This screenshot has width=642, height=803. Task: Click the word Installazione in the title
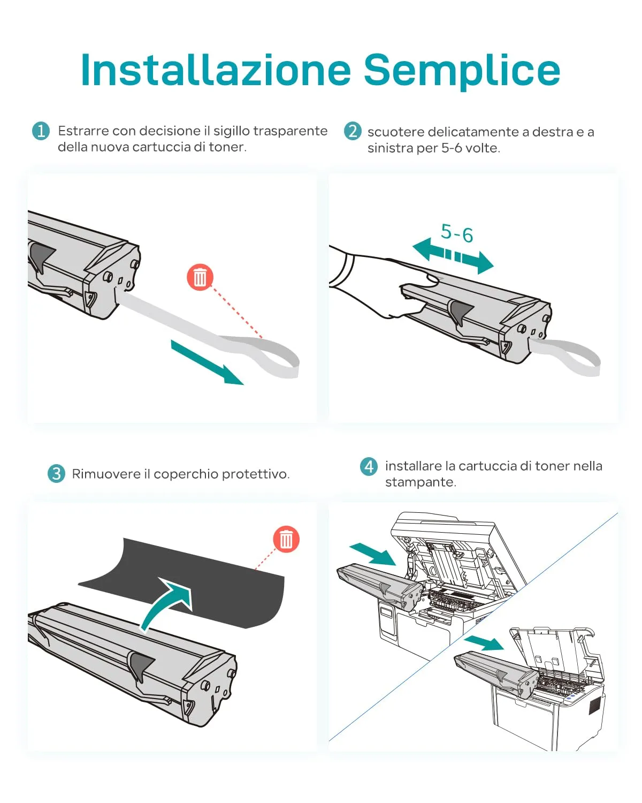click(x=215, y=70)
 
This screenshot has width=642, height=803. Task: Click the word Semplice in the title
click(x=462, y=70)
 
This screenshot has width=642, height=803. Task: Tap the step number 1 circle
click(x=41, y=131)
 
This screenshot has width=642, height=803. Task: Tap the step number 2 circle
click(x=352, y=131)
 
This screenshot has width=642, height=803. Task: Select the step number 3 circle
click(x=56, y=474)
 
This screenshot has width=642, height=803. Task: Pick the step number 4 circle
click(x=369, y=466)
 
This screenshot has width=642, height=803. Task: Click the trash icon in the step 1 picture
click(x=200, y=277)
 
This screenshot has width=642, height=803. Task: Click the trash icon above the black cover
click(x=286, y=539)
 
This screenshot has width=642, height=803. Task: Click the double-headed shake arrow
click(x=453, y=256)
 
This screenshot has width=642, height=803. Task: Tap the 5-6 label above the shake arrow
click(x=457, y=233)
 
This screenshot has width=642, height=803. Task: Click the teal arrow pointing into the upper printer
click(x=372, y=554)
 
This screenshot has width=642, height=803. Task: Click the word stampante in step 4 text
click(x=420, y=482)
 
